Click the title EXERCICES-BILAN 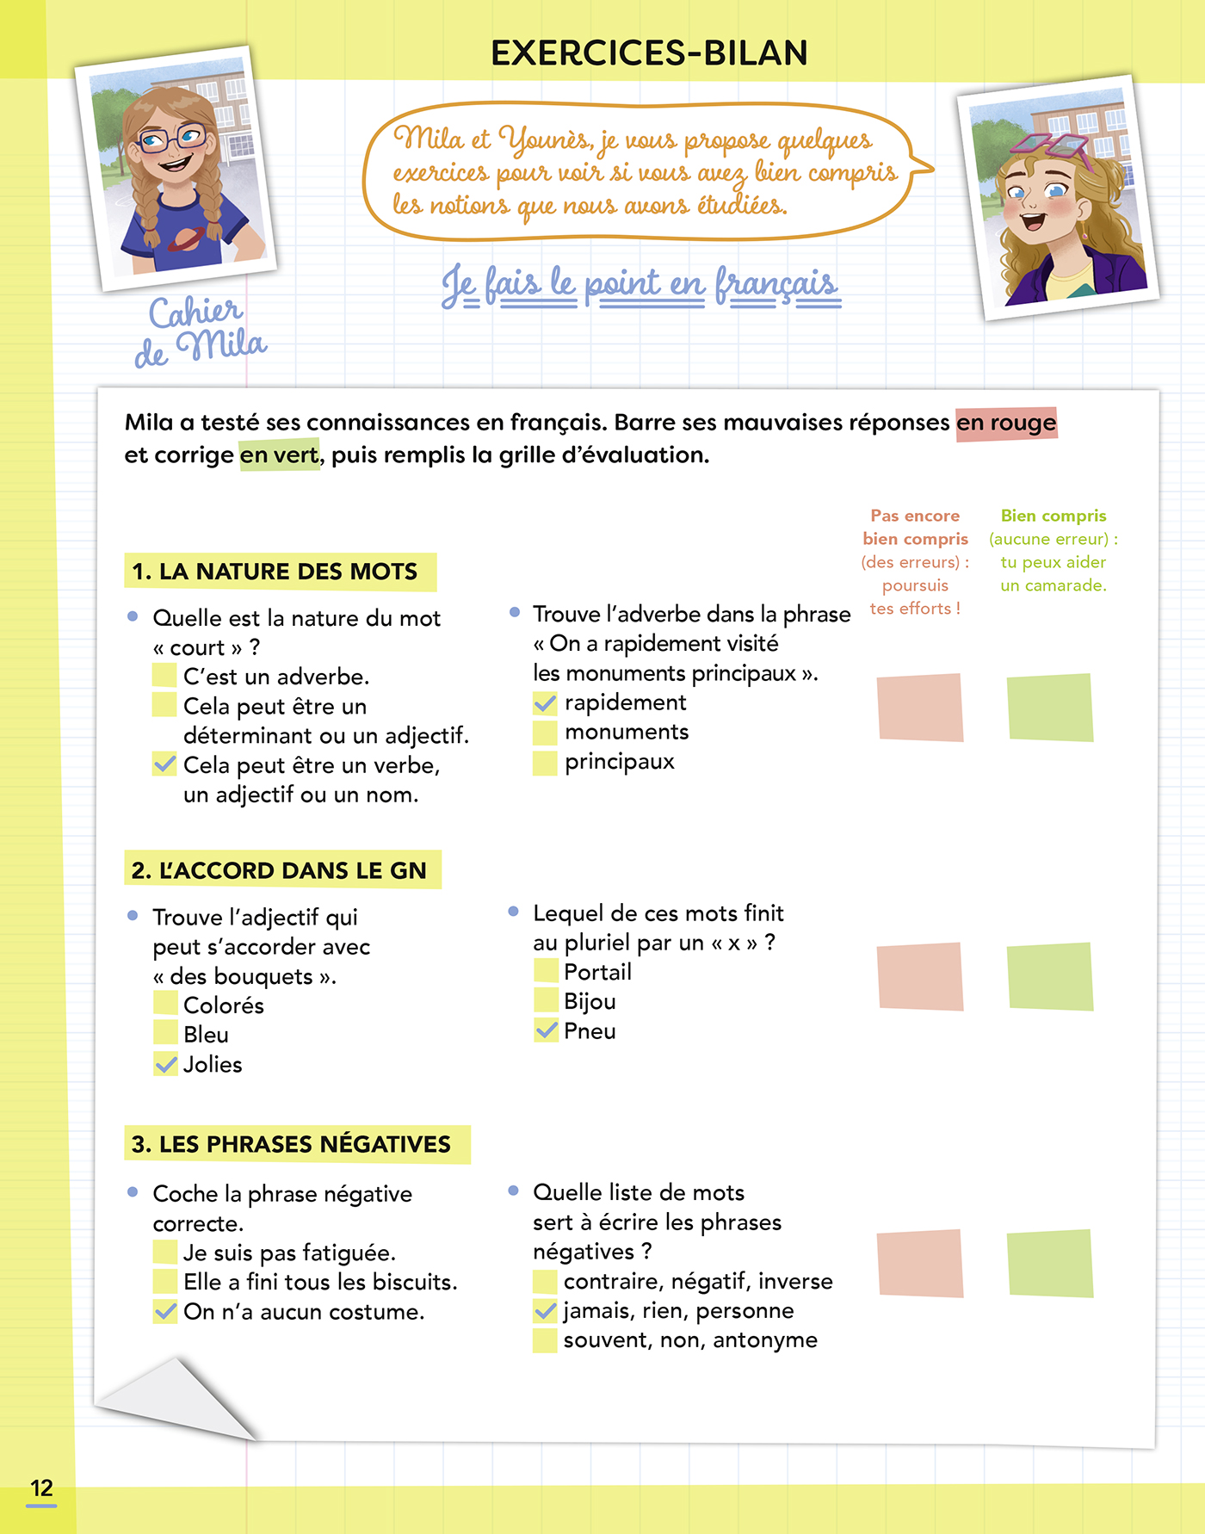click(x=649, y=53)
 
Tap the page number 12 click(x=41, y=1488)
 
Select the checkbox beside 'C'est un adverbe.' click(x=164, y=676)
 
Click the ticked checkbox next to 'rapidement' click(x=545, y=703)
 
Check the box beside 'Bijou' click(x=546, y=1000)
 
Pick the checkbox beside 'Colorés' click(x=165, y=1004)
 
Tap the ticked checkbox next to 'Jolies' click(x=165, y=1064)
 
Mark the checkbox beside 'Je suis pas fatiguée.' click(x=164, y=1253)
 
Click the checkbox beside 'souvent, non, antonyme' click(x=545, y=1340)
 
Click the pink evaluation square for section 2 click(x=919, y=976)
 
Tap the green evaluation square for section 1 click(x=1049, y=708)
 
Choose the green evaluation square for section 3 click(x=1049, y=1263)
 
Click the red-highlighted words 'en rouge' click(x=1005, y=423)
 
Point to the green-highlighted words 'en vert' click(x=279, y=455)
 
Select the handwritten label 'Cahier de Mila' click(x=200, y=332)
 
